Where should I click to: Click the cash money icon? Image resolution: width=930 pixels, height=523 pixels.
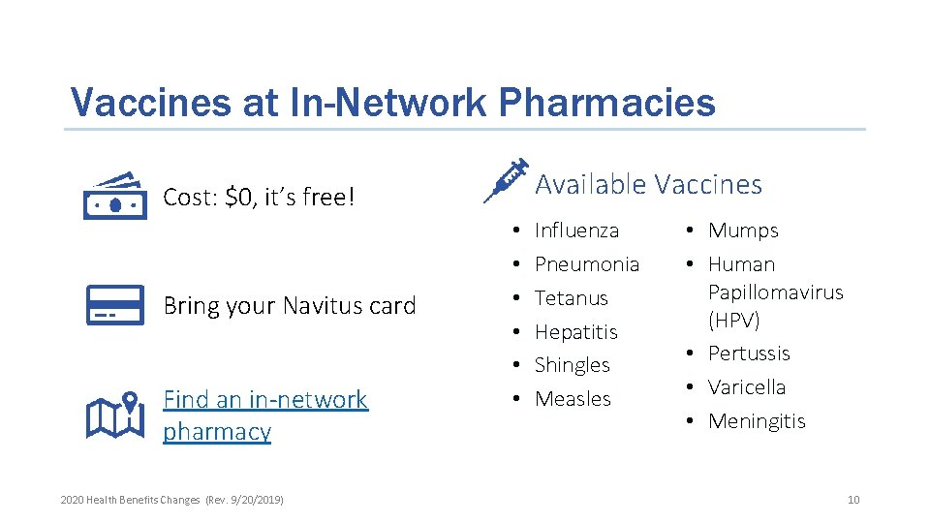pos(114,198)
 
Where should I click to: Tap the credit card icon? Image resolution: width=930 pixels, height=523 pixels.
pos(114,305)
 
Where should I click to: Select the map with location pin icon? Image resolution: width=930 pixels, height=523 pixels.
pos(114,415)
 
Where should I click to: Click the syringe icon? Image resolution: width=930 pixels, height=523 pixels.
pos(506,180)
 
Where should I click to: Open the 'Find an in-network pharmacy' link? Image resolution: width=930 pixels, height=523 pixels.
pos(264,415)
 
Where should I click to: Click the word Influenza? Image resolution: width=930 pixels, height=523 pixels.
pos(576,231)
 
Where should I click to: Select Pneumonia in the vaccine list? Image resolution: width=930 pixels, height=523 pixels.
pos(587,264)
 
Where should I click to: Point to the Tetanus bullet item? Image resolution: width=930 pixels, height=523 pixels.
pos(572,298)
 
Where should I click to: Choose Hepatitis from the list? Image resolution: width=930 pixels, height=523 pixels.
pos(575,332)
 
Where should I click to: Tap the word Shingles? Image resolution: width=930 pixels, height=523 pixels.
pos(573,365)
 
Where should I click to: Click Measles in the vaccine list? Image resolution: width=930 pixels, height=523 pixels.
pos(573,399)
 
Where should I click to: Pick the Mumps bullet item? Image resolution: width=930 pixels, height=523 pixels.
pos(743,231)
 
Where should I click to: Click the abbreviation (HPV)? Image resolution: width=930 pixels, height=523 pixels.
pos(734,320)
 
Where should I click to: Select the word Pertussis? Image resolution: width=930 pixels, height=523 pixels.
pos(749,354)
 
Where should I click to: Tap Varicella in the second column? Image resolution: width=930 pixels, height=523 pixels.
pos(747,387)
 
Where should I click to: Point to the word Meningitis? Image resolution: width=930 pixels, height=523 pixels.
pos(757,421)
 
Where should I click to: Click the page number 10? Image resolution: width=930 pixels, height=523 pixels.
pos(852,500)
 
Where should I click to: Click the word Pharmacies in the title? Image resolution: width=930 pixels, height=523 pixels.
pos(602,103)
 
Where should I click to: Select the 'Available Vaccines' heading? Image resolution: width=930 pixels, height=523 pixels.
pos(648,184)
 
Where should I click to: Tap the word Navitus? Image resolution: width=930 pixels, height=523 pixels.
pos(324,306)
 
